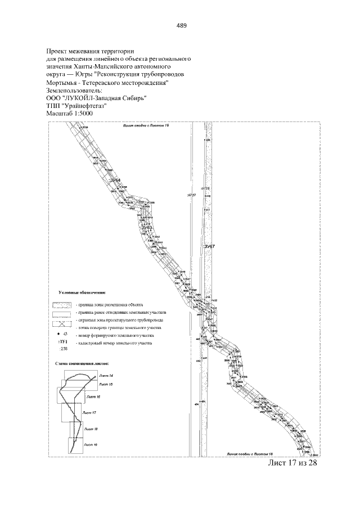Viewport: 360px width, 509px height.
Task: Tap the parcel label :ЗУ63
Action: (154, 228)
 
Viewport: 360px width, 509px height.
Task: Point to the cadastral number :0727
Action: (191, 195)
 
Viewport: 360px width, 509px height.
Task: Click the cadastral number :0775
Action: (205, 188)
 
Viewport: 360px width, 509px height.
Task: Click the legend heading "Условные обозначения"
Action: (82, 292)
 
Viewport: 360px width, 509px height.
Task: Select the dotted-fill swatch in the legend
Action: (62, 304)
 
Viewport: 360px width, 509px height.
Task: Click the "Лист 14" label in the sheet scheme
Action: (106, 375)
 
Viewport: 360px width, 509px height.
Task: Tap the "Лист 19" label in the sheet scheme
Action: (91, 444)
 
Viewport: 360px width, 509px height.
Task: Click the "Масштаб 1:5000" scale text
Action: (69, 114)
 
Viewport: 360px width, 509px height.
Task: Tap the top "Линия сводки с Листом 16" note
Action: (146, 127)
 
